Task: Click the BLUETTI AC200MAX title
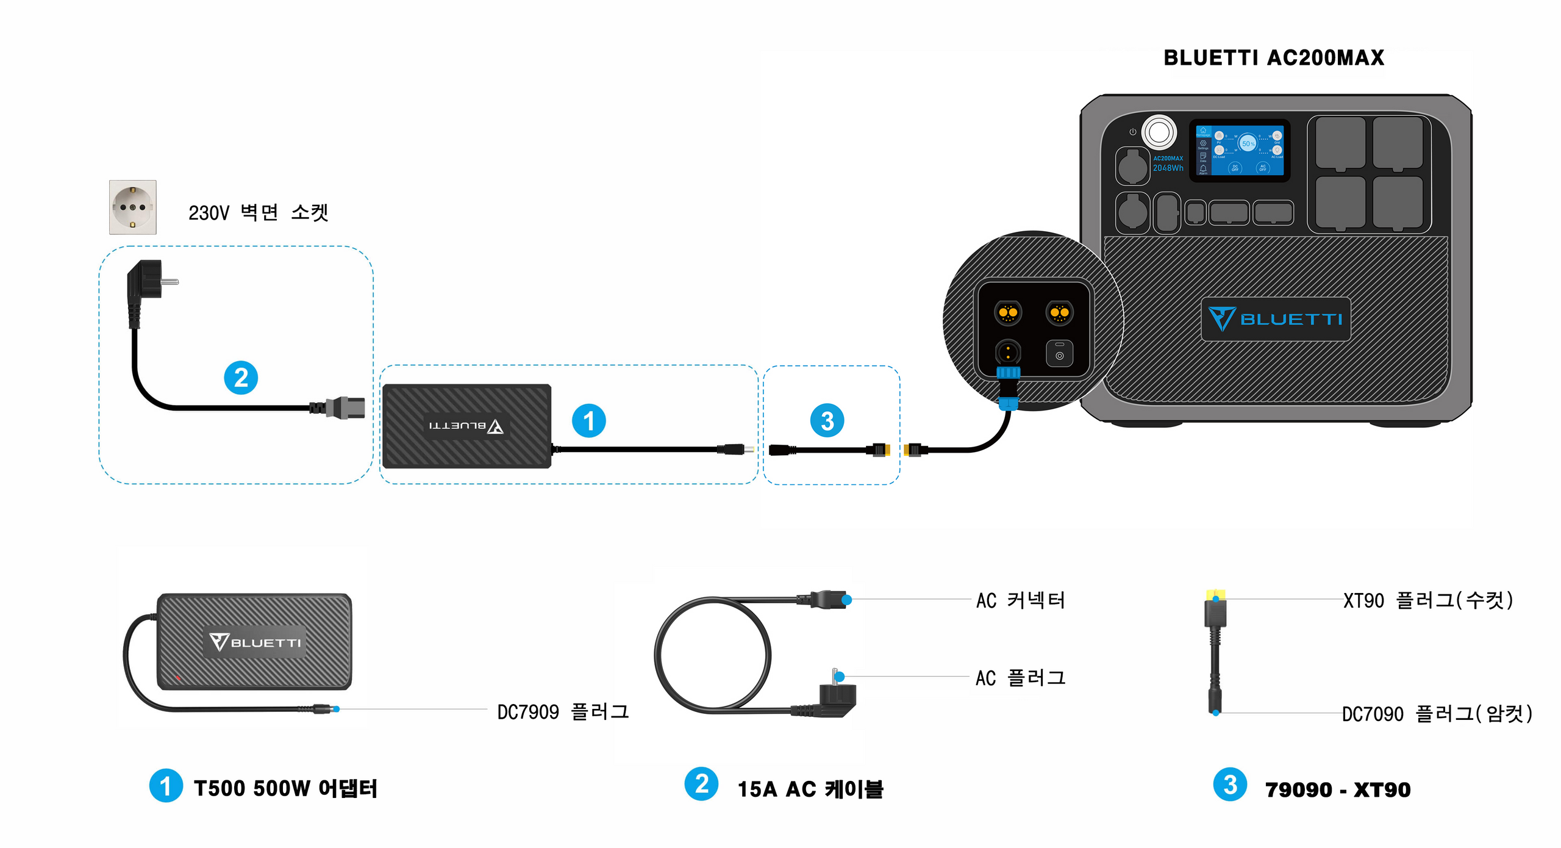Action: pos(1273,58)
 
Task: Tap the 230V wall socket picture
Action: pos(132,207)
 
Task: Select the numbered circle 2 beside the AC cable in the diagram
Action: pos(241,378)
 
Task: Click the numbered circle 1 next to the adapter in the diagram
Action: pos(588,420)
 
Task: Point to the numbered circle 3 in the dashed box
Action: pos(827,420)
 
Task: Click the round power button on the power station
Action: pos(1159,132)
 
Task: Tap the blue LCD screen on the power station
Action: pos(1239,150)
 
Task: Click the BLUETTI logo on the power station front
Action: pos(1276,319)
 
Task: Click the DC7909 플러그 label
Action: pos(562,711)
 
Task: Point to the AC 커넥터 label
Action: pos(1020,600)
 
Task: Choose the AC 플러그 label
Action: pos(1020,678)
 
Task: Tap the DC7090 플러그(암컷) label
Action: pos(1437,713)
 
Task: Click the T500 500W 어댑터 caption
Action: pos(285,788)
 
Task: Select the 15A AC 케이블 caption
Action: pos(810,789)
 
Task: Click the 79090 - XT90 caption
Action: pos(1338,789)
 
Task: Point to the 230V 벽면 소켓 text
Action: pos(258,212)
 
